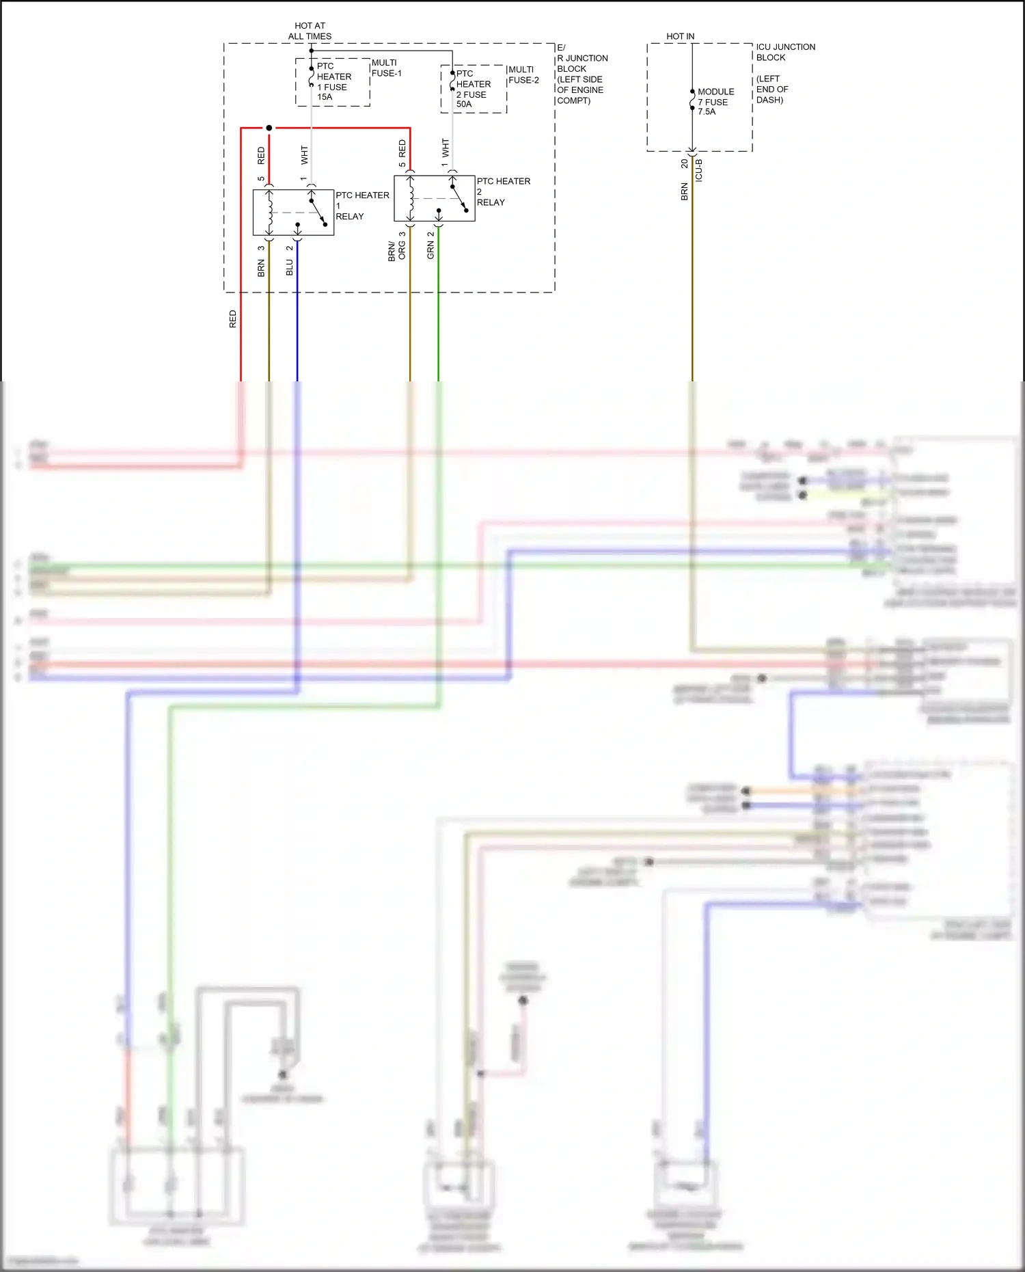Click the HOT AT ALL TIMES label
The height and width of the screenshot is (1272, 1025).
pos(310,31)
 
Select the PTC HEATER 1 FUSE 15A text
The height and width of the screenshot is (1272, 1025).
pos(333,81)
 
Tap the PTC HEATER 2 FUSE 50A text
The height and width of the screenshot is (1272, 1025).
pos(473,89)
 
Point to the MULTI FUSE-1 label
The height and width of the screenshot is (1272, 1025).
pos(386,68)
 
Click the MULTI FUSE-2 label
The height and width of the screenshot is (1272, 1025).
pos(523,75)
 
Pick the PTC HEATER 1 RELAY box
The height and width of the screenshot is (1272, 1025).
pos(293,213)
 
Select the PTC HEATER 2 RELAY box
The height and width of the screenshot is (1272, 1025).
pos(434,198)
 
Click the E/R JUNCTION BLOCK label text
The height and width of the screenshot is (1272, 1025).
pos(581,74)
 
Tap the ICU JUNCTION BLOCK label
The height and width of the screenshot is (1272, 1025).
pos(785,52)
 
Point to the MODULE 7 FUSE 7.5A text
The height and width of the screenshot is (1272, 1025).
pos(715,101)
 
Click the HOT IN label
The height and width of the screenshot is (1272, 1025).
pos(680,36)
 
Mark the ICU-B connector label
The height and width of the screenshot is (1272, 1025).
pos(699,170)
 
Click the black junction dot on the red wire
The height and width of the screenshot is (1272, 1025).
pos(269,128)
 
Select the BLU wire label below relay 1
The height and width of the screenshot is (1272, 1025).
pos(290,267)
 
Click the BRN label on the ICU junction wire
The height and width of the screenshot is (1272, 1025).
pos(684,191)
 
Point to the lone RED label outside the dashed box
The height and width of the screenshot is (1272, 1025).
pos(232,319)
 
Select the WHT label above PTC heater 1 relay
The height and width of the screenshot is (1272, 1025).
pos(304,155)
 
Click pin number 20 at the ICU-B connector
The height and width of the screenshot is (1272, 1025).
pos(684,164)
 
